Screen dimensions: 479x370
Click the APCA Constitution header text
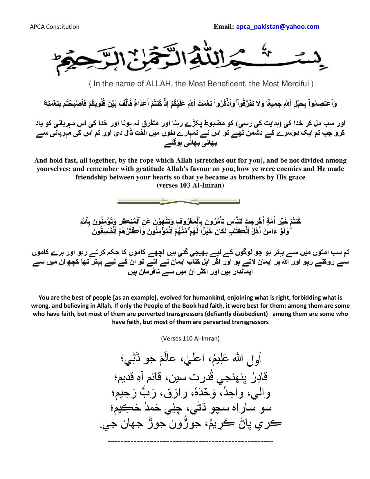55,27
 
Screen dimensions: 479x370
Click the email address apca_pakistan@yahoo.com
278,27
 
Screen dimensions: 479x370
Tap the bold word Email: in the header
224,27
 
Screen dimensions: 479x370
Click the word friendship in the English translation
92,177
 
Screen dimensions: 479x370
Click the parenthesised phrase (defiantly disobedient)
236,314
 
